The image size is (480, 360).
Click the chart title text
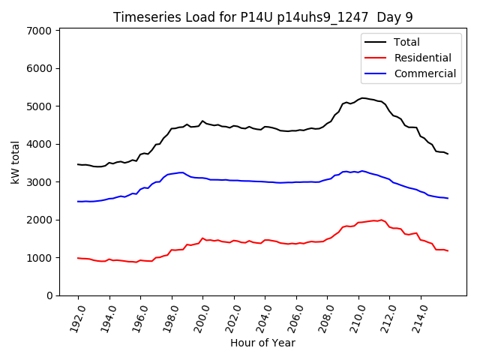pos(262,17)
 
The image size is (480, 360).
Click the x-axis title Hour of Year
pos(262,343)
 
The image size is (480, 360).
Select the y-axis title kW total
pos(14,161)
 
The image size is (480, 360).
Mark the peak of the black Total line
pos(364,97)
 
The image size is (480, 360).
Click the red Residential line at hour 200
pos(202,238)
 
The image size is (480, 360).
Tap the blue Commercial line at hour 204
pos(265,181)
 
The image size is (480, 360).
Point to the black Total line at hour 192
pos(78,164)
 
